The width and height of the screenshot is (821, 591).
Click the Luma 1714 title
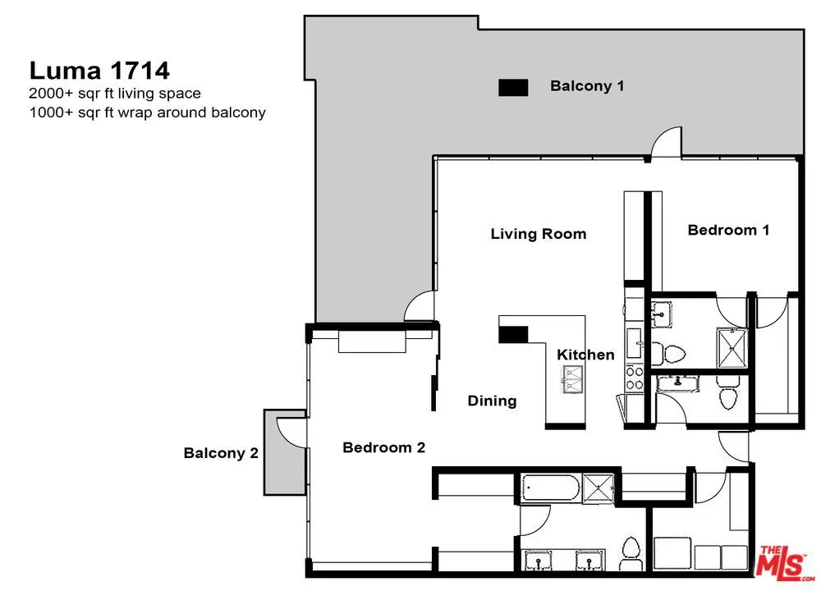click(x=99, y=70)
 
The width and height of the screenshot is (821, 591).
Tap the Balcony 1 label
click(x=587, y=86)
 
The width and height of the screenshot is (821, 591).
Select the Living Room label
click(x=539, y=233)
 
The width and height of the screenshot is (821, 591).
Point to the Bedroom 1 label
click(x=728, y=230)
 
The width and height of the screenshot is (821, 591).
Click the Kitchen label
click(x=585, y=355)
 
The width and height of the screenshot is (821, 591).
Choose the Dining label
click(x=492, y=401)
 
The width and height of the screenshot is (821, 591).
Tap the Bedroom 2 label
click(x=383, y=447)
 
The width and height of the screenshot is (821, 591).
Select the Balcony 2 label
click(x=221, y=453)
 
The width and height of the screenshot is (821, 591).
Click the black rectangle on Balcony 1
click(x=513, y=88)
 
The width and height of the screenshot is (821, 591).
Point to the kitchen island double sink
click(x=572, y=379)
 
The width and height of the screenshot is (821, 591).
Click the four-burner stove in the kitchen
click(x=635, y=378)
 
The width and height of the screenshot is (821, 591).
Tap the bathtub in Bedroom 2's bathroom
click(x=551, y=488)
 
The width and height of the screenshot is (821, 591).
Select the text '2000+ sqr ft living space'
click(x=115, y=94)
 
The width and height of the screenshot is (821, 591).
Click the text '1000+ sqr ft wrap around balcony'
click(x=147, y=112)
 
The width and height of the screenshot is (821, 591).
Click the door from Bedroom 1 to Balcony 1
click(x=666, y=142)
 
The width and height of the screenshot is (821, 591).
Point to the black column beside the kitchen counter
click(x=513, y=335)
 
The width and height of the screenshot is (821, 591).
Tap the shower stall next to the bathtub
click(x=598, y=488)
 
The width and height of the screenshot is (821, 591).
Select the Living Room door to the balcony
click(x=419, y=306)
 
